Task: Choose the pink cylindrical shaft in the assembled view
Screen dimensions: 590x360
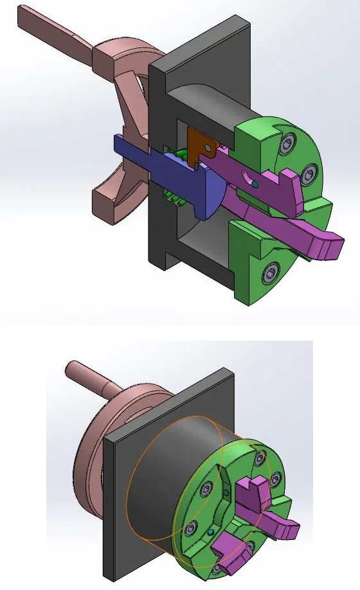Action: pyautogui.click(x=90, y=379)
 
